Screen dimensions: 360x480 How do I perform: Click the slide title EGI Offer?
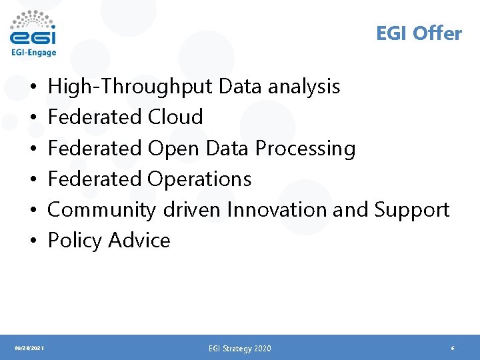[x=419, y=33]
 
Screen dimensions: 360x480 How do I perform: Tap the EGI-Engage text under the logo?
[x=33, y=53]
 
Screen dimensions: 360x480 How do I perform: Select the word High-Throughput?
[x=130, y=87]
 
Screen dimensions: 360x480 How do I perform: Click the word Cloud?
[x=175, y=117]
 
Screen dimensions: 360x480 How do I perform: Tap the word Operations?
[x=199, y=179]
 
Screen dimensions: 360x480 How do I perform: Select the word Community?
[x=101, y=209]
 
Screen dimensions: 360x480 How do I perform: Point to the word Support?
[x=412, y=209]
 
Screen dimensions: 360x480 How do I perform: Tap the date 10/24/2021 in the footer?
[x=29, y=348]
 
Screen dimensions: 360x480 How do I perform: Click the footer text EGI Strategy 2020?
[x=240, y=348]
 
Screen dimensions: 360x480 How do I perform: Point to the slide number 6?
[x=453, y=348]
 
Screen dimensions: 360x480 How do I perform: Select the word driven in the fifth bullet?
[x=191, y=209]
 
